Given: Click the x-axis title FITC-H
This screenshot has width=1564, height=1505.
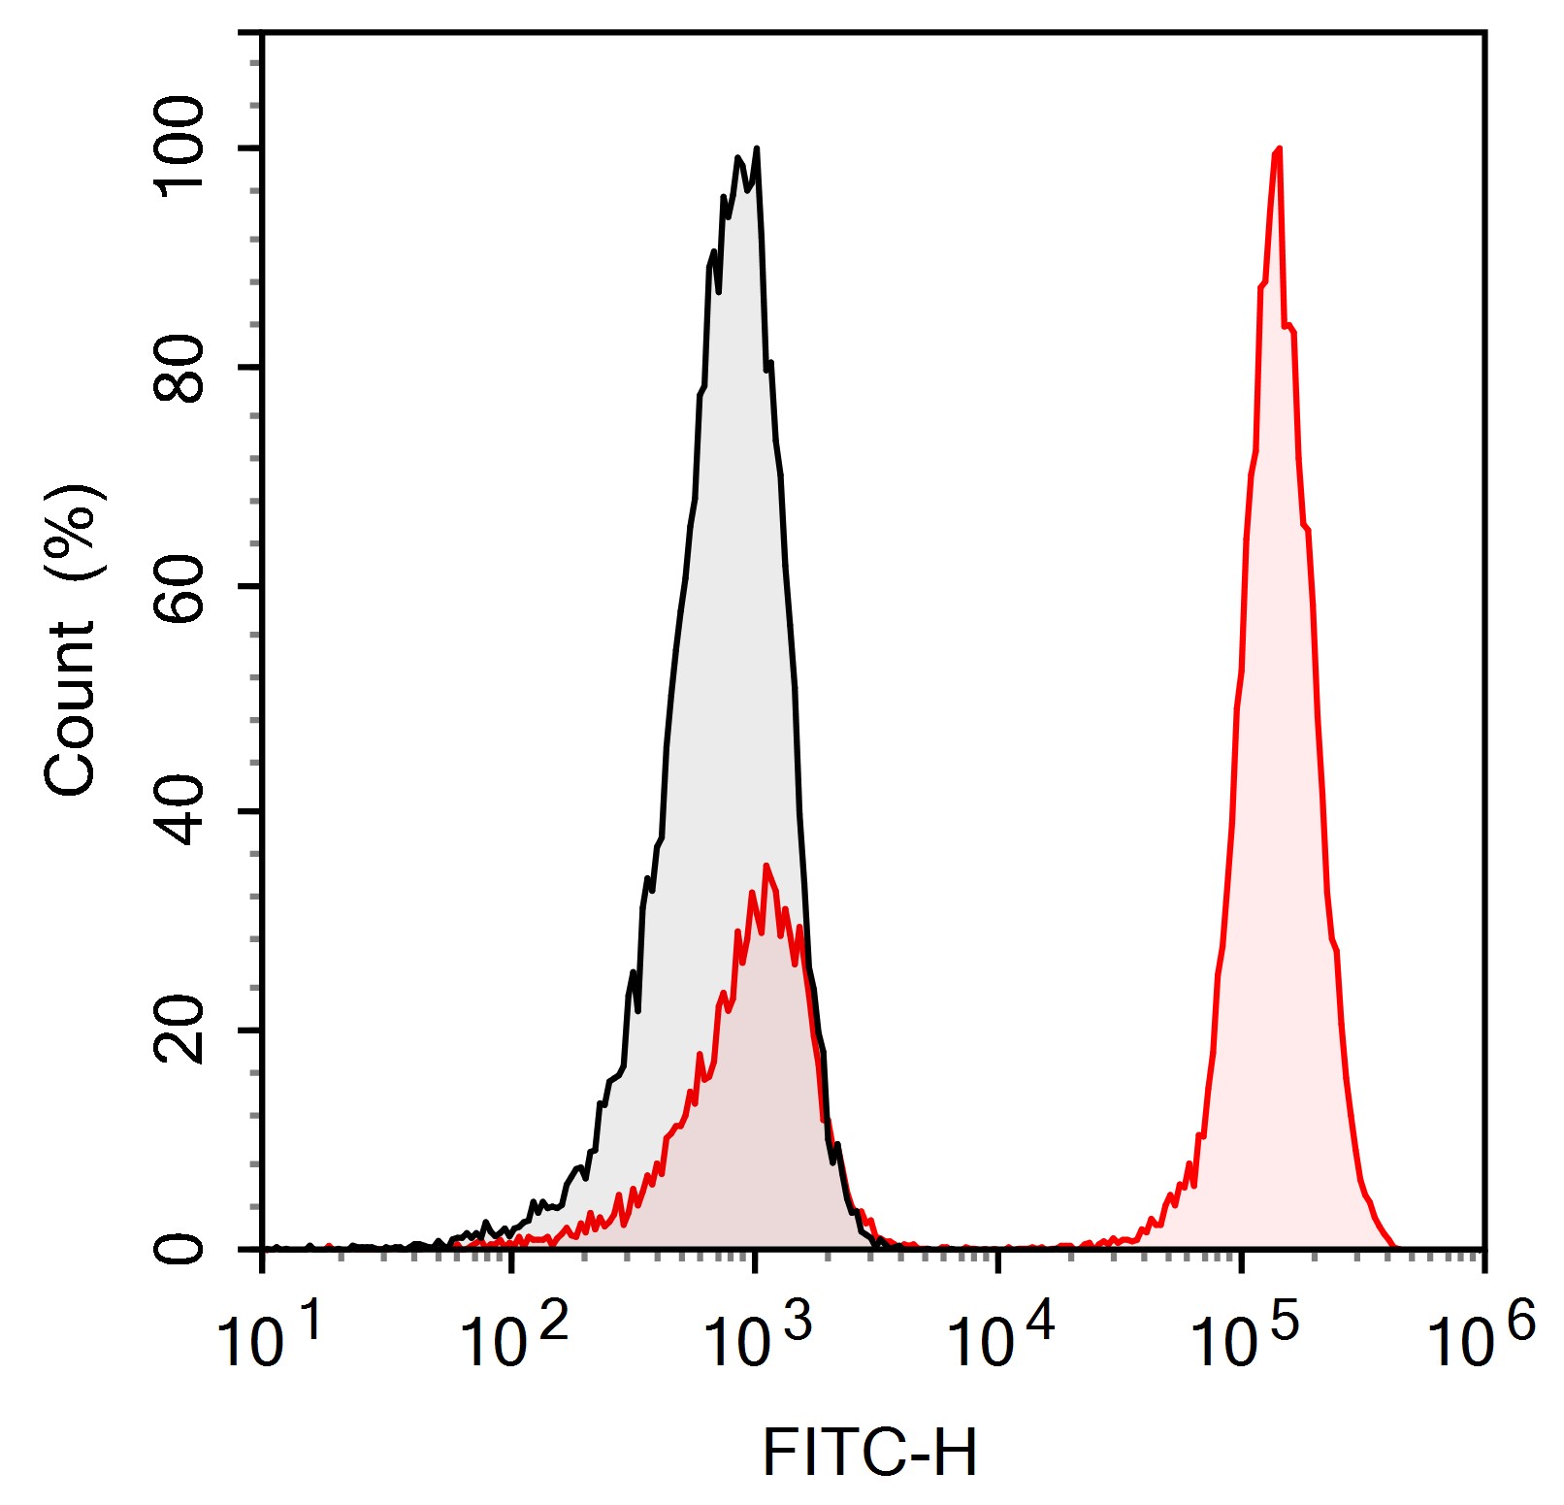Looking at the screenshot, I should (x=869, y=1453).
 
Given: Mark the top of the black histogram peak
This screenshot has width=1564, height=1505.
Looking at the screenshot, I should (x=756, y=149).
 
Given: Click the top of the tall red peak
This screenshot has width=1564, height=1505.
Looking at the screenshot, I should (x=1280, y=149).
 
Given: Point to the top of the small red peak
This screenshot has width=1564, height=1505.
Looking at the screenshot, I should (x=766, y=866).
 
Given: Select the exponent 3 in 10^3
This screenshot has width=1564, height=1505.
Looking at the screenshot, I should (x=798, y=1323).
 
